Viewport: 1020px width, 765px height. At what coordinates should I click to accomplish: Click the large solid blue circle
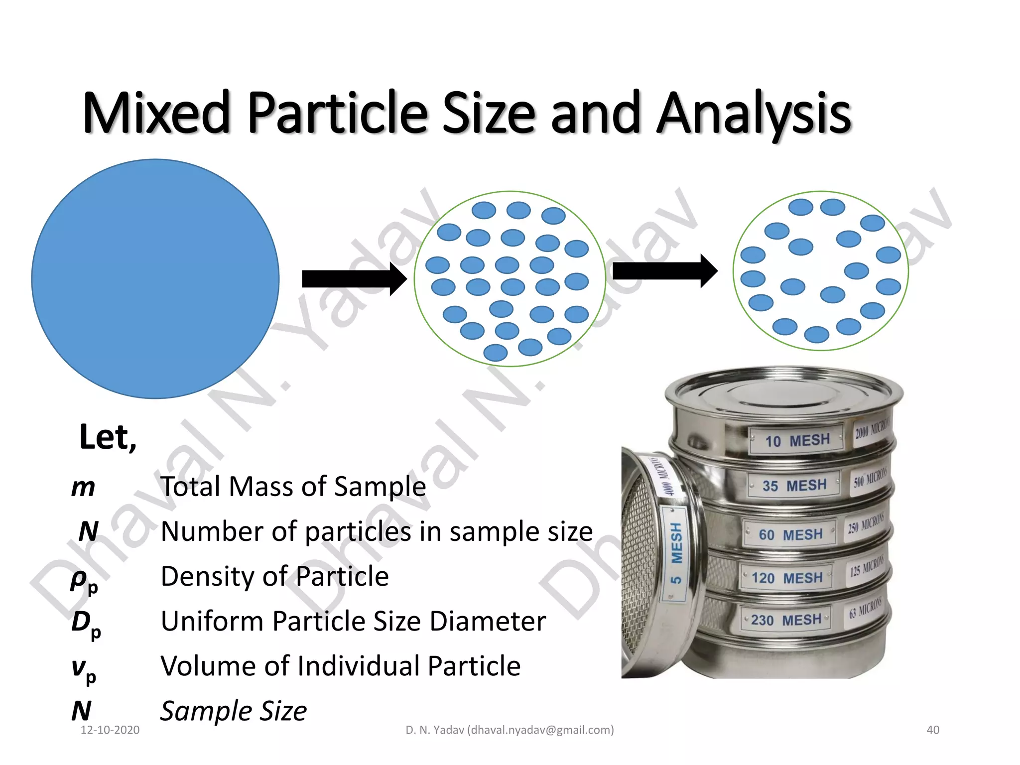click(155, 279)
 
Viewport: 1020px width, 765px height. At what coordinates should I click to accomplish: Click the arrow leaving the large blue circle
click(354, 279)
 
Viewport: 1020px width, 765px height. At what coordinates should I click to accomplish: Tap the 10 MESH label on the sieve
click(797, 440)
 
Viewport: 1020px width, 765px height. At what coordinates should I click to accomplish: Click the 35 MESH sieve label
click(794, 485)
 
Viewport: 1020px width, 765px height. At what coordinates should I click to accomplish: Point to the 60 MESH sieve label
click(790, 534)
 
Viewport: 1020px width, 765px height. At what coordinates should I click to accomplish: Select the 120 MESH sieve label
click(787, 578)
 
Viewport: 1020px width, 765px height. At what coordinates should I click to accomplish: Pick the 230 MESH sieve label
click(786, 620)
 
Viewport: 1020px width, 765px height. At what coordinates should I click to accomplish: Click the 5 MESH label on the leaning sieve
click(676, 553)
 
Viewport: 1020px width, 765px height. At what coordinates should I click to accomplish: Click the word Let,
click(108, 437)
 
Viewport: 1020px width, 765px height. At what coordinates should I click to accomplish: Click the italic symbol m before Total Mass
click(83, 487)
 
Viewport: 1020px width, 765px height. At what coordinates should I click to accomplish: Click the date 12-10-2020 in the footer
click(110, 730)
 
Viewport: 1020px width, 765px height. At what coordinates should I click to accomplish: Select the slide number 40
click(933, 730)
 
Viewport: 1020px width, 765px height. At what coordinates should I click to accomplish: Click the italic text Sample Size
click(233, 711)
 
